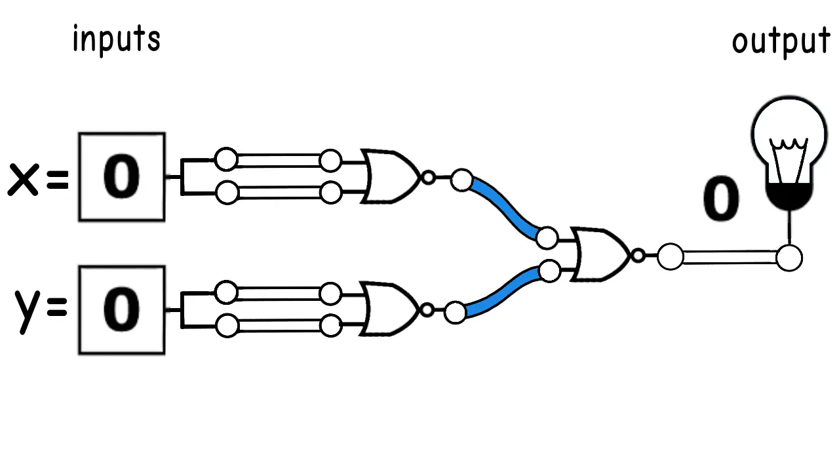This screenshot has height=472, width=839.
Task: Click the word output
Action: (x=781, y=42)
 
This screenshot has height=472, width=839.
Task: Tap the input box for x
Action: (x=122, y=177)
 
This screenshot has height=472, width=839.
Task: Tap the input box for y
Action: (x=122, y=310)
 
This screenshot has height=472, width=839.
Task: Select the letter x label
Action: (x=23, y=180)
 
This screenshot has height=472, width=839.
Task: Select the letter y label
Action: (x=27, y=311)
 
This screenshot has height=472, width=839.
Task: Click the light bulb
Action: (x=789, y=153)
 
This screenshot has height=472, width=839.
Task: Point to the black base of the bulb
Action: (x=789, y=197)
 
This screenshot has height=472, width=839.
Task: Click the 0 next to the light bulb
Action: (x=722, y=199)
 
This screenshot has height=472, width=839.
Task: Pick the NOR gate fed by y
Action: (x=389, y=309)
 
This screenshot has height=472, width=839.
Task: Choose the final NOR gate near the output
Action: (x=600, y=254)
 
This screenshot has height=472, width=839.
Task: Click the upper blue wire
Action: (x=505, y=209)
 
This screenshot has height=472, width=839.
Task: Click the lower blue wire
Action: (x=503, y=292)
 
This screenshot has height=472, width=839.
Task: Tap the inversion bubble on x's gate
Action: (x=429, y=177)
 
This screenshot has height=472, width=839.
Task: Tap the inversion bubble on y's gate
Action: (x=427, y=310)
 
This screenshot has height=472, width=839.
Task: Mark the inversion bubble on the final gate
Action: (x=638, y=256)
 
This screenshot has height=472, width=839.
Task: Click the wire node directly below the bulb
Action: (x=789, y=258)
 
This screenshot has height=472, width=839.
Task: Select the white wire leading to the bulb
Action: (x=730, y=258)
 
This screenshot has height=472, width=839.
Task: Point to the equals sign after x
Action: (x=58, y=180)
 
